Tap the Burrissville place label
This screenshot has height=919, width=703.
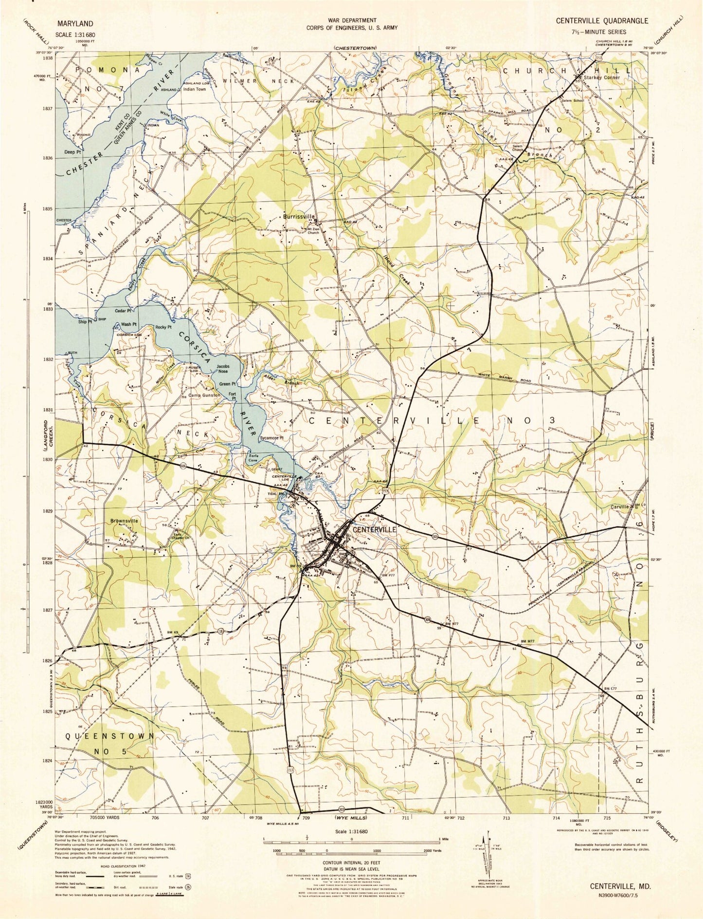pos(299,217)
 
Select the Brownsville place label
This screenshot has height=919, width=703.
pos(124,521)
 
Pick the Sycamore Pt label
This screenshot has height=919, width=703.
pos(271,438)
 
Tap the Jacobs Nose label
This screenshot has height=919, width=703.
pos(222,369)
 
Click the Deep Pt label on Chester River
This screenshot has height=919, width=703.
pos(72,152)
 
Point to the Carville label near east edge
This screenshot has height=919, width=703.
pos(619,506)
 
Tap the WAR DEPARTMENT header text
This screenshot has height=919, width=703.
pos(351,20)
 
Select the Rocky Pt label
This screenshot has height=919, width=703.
pos(163,327)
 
